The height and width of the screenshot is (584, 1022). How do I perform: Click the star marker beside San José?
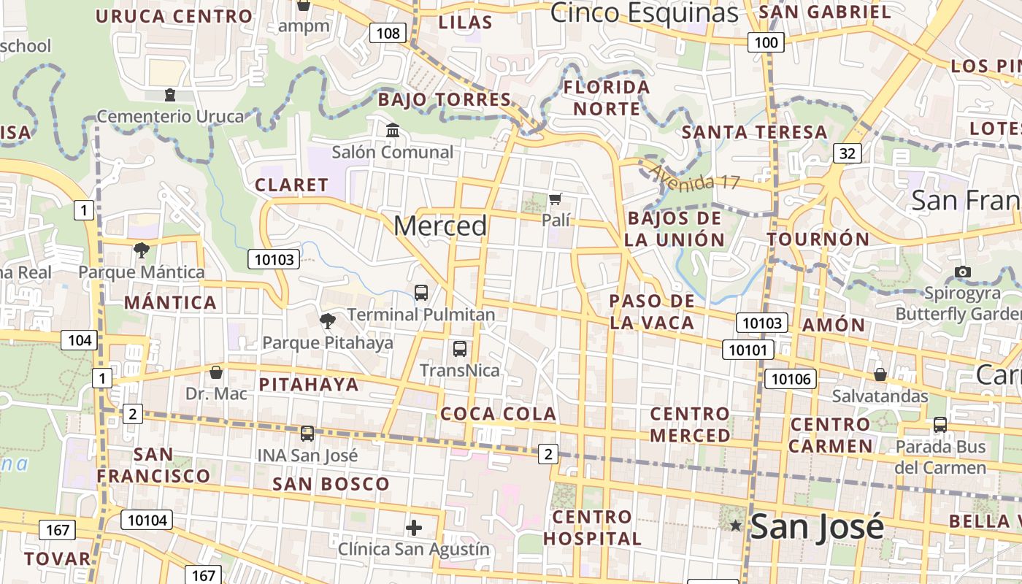(x=735, y=526)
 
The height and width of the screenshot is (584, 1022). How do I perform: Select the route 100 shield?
(x=766, y=42)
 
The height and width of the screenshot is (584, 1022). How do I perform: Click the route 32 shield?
(x=847, y=153)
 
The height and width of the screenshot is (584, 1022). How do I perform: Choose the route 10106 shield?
(x=791, y=378)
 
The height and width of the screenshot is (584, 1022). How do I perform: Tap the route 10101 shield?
(x=748, y=350)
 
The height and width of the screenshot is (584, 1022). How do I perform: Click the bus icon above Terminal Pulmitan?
(x=421, y=293)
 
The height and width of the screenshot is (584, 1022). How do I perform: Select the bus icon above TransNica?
(x=459, y=349)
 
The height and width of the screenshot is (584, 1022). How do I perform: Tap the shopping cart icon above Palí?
(x=556, y=199)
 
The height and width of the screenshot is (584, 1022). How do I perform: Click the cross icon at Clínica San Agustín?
(x=414, y=527)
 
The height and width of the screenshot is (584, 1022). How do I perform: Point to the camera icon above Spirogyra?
(x=963, y=272)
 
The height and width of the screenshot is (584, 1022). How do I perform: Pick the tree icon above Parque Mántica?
(x=142, y=250)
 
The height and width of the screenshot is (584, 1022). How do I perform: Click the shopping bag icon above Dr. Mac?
(x=216, y=372)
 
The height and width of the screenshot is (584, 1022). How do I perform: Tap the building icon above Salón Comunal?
(x=393, y=131)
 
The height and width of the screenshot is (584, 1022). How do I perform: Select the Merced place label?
(x=440, y=226)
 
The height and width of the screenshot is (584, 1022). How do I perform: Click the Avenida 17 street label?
(x=694, y=177)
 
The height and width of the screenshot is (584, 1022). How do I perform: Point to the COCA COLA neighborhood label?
(x=499, y=414)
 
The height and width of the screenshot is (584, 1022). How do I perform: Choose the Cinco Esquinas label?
(x=644, y=12)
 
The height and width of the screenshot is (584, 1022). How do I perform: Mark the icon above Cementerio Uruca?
(x=170, y=95)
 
